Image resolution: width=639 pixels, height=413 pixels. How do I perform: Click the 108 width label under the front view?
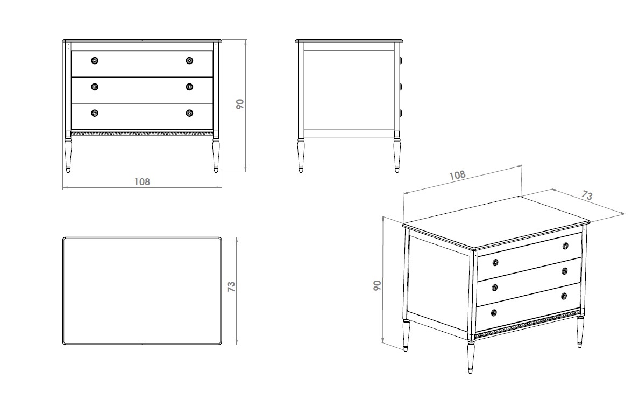[142, 181]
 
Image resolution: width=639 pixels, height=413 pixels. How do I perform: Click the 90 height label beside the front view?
[240, 104]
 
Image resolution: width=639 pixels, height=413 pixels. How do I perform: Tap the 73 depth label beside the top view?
[231, 286]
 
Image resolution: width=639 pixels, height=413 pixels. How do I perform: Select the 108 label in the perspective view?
[457, 175]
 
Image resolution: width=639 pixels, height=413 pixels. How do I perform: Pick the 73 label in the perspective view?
[587, 195]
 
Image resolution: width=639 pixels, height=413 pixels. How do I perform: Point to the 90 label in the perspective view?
[378, 285]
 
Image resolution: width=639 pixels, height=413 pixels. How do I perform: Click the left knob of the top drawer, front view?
[95, 61]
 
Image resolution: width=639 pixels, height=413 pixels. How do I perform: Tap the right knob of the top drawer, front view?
[189, 61]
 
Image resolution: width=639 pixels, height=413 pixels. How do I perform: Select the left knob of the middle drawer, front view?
[95, 87]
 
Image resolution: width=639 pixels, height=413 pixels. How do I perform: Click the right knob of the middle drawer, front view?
[189, 87]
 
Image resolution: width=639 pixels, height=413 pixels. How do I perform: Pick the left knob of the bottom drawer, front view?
[95, 113]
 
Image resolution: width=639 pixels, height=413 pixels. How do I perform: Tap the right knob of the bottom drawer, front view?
[189, 113]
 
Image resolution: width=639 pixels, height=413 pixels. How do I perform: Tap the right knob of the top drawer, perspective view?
[565, 246]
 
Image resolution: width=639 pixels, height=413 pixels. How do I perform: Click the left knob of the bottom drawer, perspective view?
[494, 313]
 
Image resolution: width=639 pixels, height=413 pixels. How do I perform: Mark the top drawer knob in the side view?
[401, 60]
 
